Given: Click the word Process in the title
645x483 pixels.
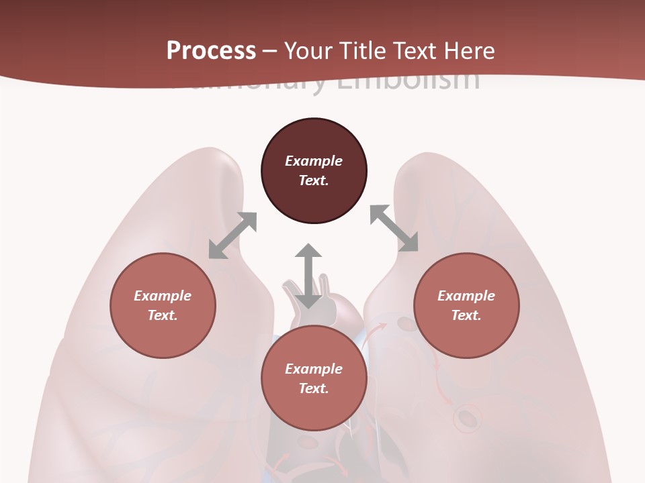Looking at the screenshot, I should pyautogui.click(x=211, y=51).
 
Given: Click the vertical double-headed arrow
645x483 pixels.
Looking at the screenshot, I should pyautogui.click(x=308, y=276).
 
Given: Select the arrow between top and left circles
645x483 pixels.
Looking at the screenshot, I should pyautogui.click(x=232, y=235).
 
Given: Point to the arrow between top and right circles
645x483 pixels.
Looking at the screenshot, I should pyautogui.click(x=394, y=229).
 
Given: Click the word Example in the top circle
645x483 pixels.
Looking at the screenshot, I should pyautogui.click(x=314, y=161).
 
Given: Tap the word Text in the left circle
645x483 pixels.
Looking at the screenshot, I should pyautogui.click(x=162, y=315).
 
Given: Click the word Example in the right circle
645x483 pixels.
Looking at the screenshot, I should pyautogui.click(x=466, y=296).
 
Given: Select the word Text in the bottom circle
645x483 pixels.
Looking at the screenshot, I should pyautogui.click(x=313, y=388).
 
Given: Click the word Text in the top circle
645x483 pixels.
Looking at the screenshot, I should pyautogui.click(x=313, y=180).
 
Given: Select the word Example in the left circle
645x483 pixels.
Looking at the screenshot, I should pyautogui.click(x=163, y=296).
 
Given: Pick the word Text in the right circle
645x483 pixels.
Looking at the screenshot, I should pyautogui.click(x=466, y=315).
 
